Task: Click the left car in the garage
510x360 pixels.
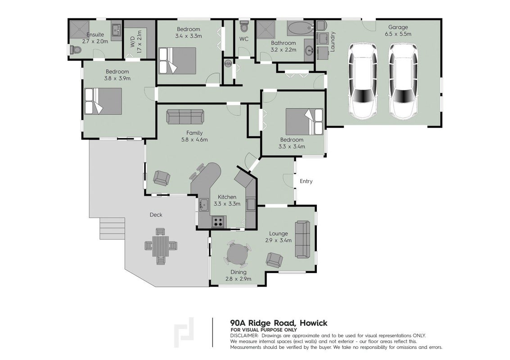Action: [363, 81]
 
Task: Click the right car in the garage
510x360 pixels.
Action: [403, 81]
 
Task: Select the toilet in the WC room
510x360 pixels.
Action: [244, 27]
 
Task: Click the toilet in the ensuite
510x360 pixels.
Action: [76, 50]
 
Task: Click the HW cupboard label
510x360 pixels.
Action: [228, 64]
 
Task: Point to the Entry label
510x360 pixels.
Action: [306, 181]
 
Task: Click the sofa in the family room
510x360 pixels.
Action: [185, 117]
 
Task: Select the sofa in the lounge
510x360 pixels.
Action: [302, 239]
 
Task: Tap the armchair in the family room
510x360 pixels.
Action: [162, 178]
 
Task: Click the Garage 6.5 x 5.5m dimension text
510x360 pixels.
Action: [398, 34]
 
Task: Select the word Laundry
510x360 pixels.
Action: [332, 42]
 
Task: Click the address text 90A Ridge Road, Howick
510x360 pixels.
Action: [279, 323]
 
